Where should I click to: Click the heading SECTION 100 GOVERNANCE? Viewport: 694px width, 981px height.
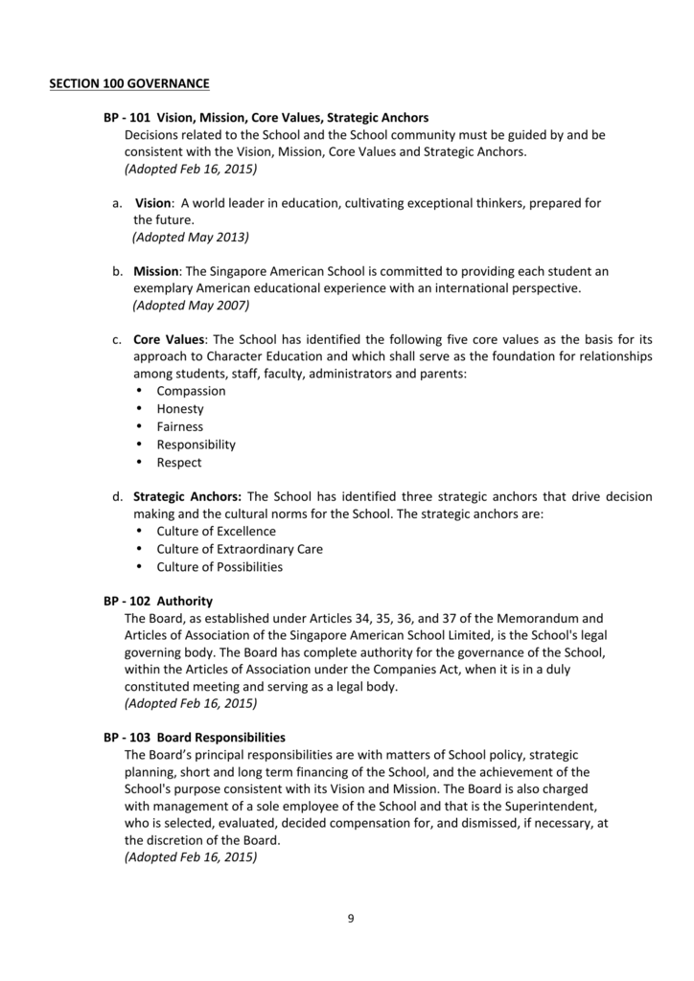pyautogui.click(x=129, y=83)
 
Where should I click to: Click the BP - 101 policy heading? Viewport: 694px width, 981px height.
pyautogui.click(x=266, y=118)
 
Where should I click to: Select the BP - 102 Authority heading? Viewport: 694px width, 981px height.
pyautogui.click(x=158, y=601)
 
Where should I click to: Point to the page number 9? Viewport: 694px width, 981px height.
pyautogui.click(x=351, y=919)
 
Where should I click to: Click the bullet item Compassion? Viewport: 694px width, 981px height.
pyautogui.click(x=191, y=391)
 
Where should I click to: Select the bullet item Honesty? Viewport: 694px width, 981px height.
pyautogui.click(x=180, y=409)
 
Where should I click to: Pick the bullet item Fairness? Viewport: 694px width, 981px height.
pyautogui.click(x=180, y=426)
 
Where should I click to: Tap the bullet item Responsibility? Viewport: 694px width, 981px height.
pyautogui.click(x=196, y=445)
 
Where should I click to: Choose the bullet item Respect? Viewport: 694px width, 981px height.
pyautogui.click(x=179, y=463)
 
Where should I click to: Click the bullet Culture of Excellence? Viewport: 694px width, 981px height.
pyautogui.click(x=216, y=531)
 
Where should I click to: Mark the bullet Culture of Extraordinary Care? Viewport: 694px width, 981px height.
pyautogui.click(x=240, y=549)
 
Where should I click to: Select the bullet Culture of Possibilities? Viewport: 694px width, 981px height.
pyautogui.click(x=220, y=567)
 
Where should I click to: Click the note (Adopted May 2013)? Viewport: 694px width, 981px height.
pyautogui.click(x=190, y=237)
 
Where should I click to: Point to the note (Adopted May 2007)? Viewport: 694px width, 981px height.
pyautogui.click(x=190, y=306)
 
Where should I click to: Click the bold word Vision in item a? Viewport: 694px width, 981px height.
pyautogui.click(x=152, y=203)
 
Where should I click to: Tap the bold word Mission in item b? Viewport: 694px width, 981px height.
pyautogui.click(x=156, y=271)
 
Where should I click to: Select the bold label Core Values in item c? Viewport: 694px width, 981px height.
pyautogui.click(x=169, y=339)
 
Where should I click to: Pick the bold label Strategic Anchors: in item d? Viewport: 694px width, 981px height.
pyautogui.click(x=187, y=496)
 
